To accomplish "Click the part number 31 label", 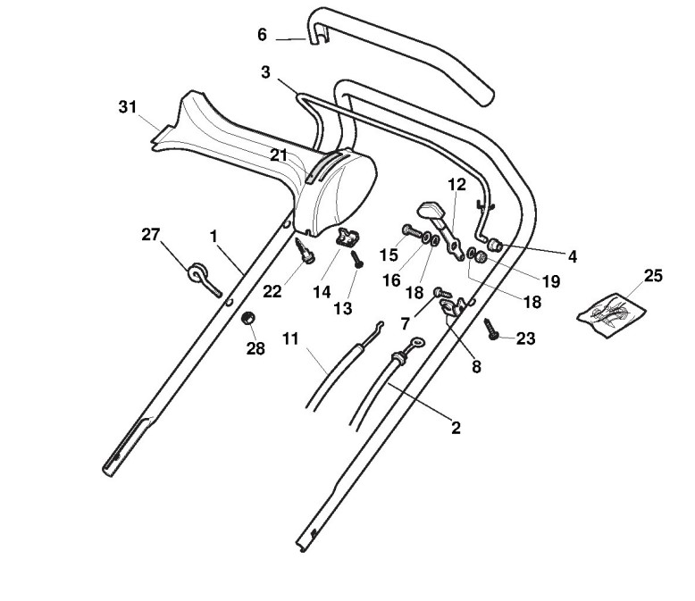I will point(128,107).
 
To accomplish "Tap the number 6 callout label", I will point(262,35).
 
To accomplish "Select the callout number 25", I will point(653,275).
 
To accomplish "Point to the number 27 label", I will point(150,235).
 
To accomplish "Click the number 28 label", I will point(255,348).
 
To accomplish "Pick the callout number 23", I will point(526,338).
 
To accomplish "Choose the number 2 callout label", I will point(456,428).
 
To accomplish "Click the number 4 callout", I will point(572,256).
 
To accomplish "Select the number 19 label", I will point(550,281).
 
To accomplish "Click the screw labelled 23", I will point(491,329).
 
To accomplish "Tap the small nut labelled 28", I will point(251,318).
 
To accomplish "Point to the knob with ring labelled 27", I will point(198,273).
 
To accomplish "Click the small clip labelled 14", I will point(347,238).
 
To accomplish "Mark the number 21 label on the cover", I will point(280,154).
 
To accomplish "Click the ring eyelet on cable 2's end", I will point(416,344).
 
